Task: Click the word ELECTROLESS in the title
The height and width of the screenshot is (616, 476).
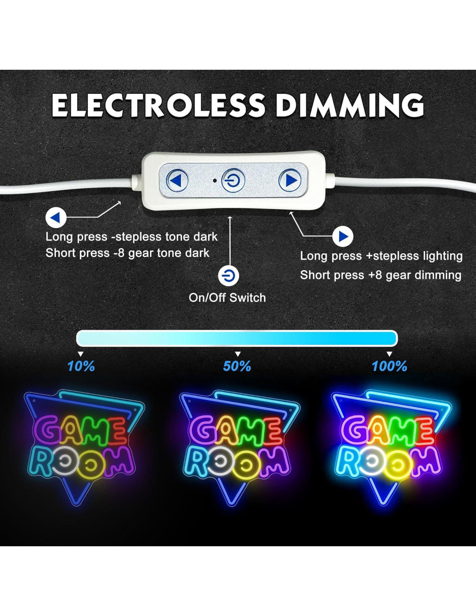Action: pyautogui.click(x=158, y=105)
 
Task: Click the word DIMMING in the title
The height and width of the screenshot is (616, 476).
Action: pyautogui.click(x=350, y=105)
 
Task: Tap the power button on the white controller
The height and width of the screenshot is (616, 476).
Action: pyautogui.click(x=233, y=180)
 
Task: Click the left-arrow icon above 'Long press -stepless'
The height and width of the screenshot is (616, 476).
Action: pyautogui.click(x=56, y=218)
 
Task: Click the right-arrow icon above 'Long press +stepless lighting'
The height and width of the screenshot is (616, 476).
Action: pyautogui.click(x=343, y=237)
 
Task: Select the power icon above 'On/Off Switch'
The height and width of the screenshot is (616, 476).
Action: pyautogui.click(x=228, y=276)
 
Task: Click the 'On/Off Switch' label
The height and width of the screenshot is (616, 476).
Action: pyautogui.click(x=227, y=298)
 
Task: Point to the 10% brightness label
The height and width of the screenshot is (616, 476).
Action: pyautogui.click(x=81, y=366)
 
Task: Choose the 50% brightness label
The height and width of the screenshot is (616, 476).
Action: pyautogui.click(x=237, y=366)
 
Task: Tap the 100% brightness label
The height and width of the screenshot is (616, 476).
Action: pyautogui.click(x=389, y=366)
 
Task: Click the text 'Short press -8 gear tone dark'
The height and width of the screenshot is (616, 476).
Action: pyautogui.click(x=127, y=253)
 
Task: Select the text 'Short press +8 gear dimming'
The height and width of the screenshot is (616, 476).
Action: pyautogui.click(x=381, y=275)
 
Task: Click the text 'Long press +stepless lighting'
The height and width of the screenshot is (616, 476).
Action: pyautogui.click(x=381, y=256)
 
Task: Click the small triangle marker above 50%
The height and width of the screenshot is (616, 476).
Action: pyautogui.click(x=237, y=354)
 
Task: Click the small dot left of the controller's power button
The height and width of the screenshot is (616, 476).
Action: pyautogui.click(x=215, y=180)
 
